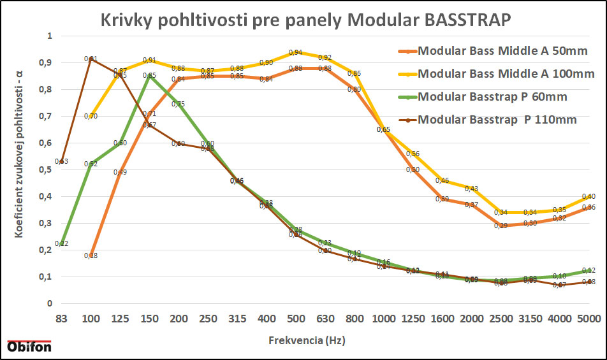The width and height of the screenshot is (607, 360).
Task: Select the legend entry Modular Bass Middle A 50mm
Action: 502,51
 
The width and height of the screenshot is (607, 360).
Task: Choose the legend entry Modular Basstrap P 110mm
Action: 498,120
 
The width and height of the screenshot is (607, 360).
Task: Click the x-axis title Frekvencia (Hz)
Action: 306,341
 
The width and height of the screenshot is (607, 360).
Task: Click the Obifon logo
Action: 29,347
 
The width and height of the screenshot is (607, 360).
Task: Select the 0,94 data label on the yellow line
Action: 295,52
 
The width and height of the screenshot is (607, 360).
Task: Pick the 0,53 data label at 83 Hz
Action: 61,161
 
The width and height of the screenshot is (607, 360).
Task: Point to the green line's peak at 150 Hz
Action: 149,76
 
